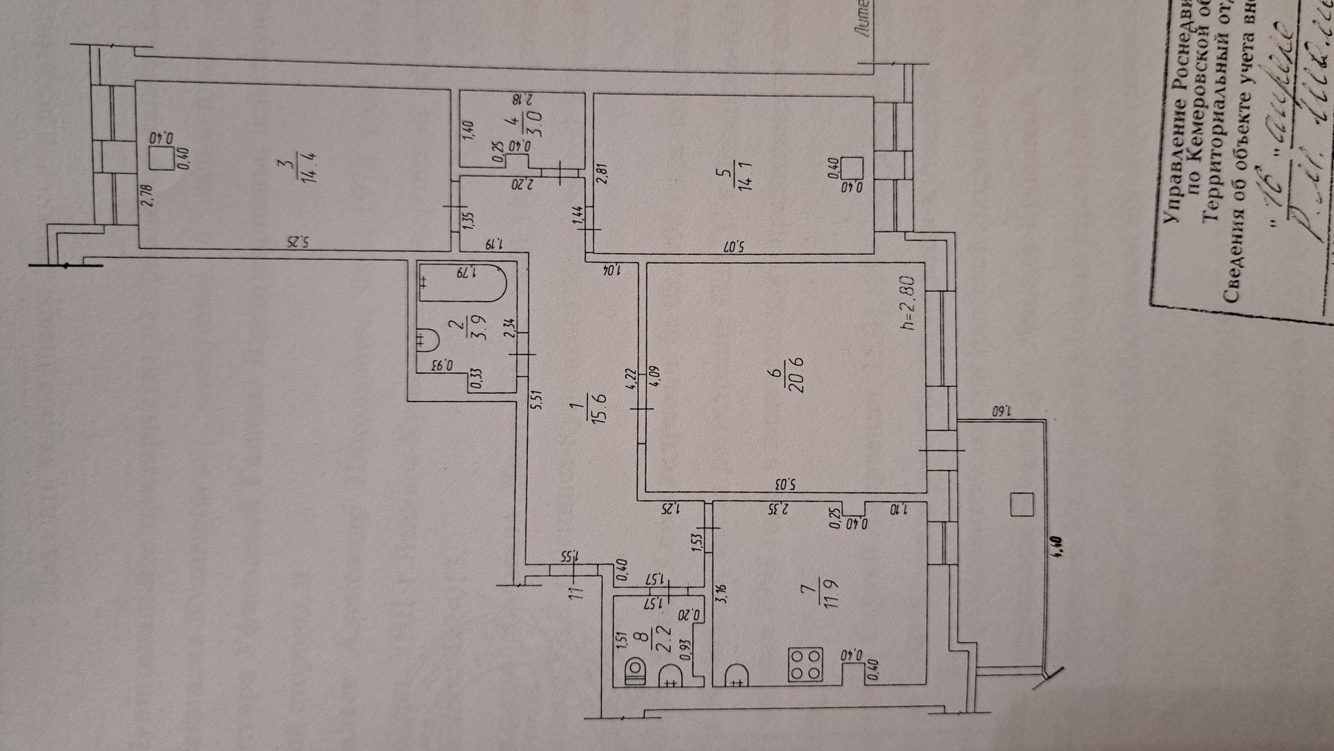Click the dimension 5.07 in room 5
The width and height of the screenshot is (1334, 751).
[x=737, y=246]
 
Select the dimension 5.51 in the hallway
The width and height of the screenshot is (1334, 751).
[x=536, y=400]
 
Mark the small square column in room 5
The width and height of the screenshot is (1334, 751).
[x=852, y=168]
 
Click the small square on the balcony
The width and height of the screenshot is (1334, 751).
[x=1021, y=504]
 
